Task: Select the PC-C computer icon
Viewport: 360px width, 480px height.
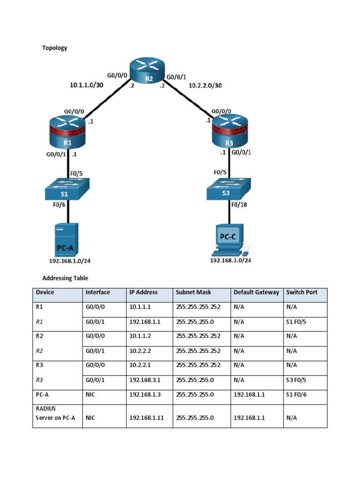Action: pyautogui.click(x=229, y=240)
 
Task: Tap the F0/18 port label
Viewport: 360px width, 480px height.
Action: pyautogui.click(x=243, y=204)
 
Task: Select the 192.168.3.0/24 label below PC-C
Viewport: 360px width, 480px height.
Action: pyautogui.click(x=230, y=261)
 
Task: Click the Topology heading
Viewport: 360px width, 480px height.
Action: pyautogui.click(x=55, y=48)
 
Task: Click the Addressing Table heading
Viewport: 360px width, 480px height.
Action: pyautogui.click(x=65, y=278)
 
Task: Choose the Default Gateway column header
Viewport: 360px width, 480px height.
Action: pyautogui.click(x=256, y=292)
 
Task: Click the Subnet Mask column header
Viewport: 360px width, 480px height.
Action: pyautogui.click(x=193, y=292)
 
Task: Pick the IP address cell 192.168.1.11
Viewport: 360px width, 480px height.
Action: pyautogui.click(x=146, y=418)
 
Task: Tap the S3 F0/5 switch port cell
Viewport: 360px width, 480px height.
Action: pyautogui.click(x=296, y=380)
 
